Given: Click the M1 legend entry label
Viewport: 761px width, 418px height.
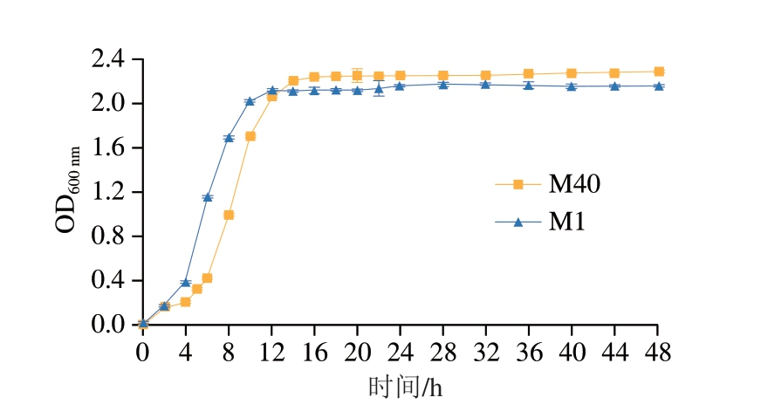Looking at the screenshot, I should (566, 223).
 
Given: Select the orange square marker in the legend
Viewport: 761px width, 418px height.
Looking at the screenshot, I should (518, 184).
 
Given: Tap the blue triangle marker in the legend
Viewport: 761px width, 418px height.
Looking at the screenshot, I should (518, 223).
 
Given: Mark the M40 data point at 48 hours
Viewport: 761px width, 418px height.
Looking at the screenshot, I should (658, 72).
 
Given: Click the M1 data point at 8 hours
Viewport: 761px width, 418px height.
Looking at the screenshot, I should (229, 138).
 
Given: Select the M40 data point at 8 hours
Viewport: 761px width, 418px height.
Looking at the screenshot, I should (229, 215).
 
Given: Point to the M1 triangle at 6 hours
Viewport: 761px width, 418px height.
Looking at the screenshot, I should (207, 198).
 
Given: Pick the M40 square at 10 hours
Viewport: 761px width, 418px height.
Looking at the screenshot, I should (250, 136).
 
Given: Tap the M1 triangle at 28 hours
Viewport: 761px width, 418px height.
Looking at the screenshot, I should (442, 84).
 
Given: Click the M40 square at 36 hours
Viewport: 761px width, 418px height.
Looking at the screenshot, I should (528, 74).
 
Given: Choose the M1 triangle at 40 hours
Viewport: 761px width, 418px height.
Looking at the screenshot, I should (571, 86).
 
